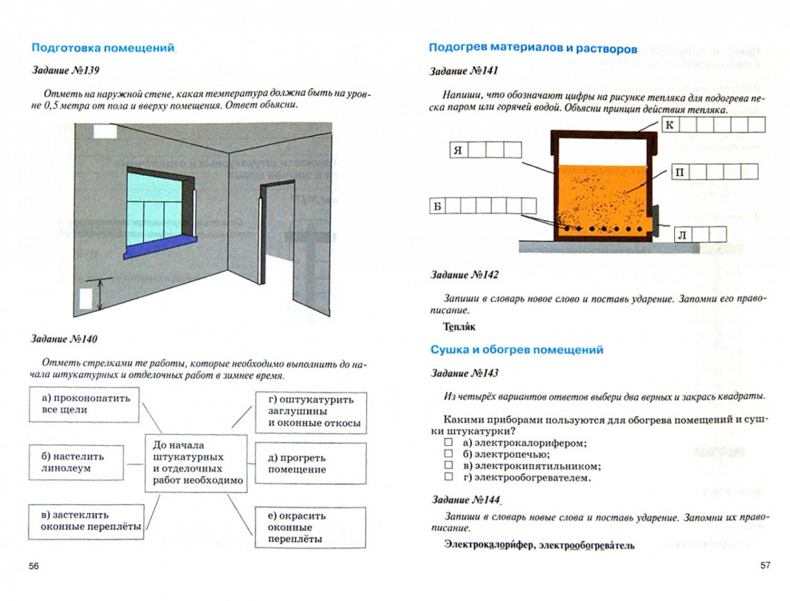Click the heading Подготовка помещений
click(102, 48)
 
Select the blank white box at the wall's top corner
click(105, 132)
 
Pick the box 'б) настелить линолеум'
click(74, 461)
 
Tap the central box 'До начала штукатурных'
click(197, 463)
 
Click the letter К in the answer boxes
click(670, 125)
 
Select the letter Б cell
click(437, 206)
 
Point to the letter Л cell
click(681, 234)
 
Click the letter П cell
click(680, 173)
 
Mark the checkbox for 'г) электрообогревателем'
click(448, 477)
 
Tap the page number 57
click(764, 565)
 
